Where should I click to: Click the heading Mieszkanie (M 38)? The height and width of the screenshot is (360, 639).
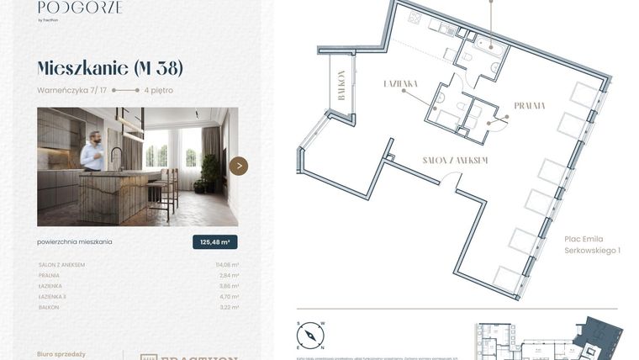click(x=109, y=68)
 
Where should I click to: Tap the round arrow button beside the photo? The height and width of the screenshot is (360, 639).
click(x=239, y=166)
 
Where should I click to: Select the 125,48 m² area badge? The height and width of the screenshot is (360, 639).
click(x=214, y=242)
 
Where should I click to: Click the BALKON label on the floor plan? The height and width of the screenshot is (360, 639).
click(x=341, y=85)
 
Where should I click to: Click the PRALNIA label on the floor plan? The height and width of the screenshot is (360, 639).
click(x=530, y=106)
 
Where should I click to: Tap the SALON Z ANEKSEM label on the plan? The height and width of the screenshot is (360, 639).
click(x=455, y=160)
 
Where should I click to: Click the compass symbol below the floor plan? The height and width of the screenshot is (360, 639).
click(x=310, y=336)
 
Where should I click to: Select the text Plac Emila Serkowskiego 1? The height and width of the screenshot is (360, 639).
click(x=592, y=245)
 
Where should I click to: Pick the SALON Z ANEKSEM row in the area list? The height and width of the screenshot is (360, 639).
click(x=61, y=265)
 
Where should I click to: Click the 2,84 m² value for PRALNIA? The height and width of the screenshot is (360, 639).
click(x=229, y=275)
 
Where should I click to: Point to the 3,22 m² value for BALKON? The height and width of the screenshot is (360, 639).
click(x=229, y=308)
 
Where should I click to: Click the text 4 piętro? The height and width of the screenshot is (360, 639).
click(x=159, y=90)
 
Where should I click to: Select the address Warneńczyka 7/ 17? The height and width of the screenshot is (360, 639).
click(x=72, y=90)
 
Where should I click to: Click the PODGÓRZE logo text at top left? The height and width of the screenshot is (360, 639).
click(x=80, y=8)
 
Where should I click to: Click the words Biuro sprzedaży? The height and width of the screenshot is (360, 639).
click(x=61, y=354)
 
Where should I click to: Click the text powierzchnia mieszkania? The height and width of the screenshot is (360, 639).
click(x=75, y=241)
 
